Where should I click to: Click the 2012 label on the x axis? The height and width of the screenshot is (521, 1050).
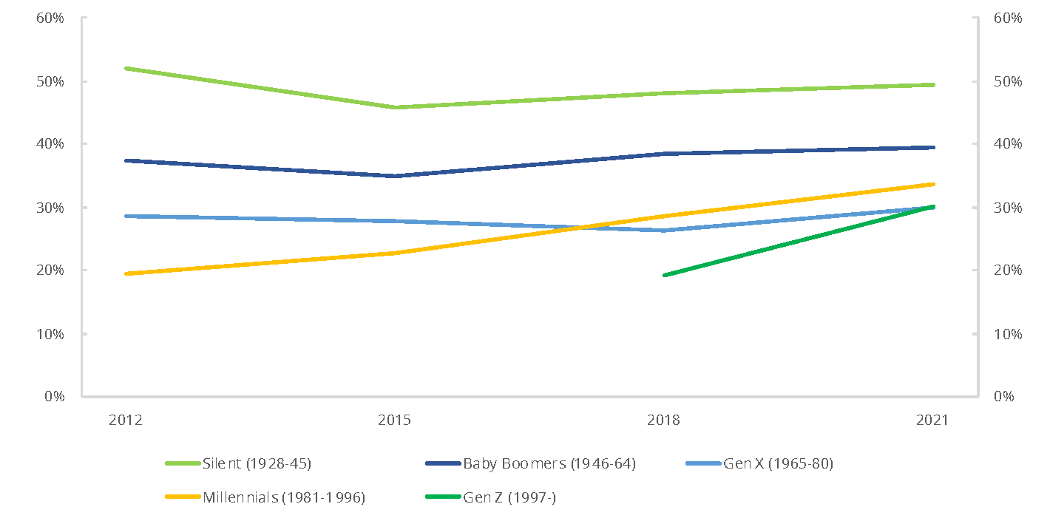click(x=126, y=420)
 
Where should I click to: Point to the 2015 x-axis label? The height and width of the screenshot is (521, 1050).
click(x=395, y=420)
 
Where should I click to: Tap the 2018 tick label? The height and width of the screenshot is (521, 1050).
click(x=663, y=420)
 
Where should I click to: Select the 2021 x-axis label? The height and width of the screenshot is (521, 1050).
click(x=932, y=420)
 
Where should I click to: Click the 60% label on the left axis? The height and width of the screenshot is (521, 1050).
click(x=50, y=18)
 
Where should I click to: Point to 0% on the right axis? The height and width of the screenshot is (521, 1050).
click(x=1003, y=397)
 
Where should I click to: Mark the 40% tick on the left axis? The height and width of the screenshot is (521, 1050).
click(x=50, y=144)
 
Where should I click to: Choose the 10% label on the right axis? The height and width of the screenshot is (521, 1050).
click(x=1006, y=334)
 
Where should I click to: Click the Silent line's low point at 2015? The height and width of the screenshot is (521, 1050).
click(x=395, y=107)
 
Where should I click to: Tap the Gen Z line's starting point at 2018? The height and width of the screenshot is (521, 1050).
click(x=664, y=275)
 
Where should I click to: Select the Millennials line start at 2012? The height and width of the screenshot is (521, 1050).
click(x=126, y=273)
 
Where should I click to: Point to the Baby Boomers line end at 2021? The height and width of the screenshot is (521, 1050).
click(x=932, y=147)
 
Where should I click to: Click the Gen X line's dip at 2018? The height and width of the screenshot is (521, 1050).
click(x=664, y=231)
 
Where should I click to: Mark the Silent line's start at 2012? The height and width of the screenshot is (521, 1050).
click(x=126, y=68)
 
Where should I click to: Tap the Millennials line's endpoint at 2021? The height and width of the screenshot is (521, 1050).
click(x=932, y=184)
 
